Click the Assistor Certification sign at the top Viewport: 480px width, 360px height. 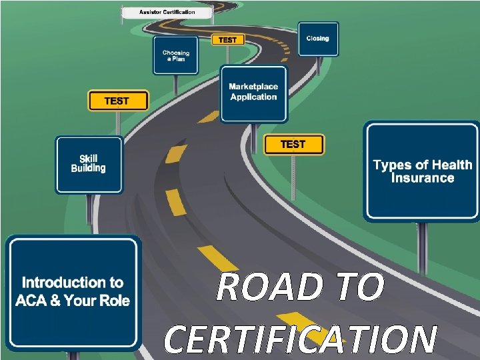[167, 12]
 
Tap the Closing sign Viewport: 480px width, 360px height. [318, 39]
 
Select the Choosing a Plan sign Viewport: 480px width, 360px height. [175, 55]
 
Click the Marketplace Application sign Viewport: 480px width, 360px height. [253, 93]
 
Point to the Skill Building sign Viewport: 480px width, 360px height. [89, 164]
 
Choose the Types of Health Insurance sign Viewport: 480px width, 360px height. [422, 171]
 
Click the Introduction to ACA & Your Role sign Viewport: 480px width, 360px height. [73, 292]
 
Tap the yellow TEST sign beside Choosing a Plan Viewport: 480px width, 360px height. [227, 40]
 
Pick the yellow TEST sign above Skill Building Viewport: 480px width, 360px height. [117, 101]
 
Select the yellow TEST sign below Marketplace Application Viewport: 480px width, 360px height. [293, 145]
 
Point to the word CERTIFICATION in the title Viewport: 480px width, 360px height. [300, 339]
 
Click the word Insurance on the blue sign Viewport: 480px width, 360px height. [422, 178]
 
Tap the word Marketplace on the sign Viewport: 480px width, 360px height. [253, 87]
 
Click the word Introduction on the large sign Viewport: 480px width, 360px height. [73, 283]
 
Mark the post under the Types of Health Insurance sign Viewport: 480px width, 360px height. [421, 247]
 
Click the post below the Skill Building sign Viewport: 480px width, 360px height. [89, 208]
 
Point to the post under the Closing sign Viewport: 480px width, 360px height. [318, 66]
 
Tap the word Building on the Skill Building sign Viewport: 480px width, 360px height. [89, 169]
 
